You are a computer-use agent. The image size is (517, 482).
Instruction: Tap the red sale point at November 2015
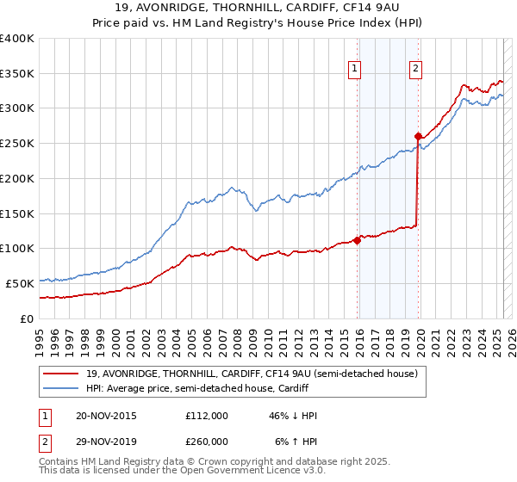357,240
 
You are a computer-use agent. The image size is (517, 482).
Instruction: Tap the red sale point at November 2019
418,136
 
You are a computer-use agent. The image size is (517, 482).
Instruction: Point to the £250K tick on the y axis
18,144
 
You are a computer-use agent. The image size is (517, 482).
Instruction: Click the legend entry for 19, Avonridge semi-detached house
252,374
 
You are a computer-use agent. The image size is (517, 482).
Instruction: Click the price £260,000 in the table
207,441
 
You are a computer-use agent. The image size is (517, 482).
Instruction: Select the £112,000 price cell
207,416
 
